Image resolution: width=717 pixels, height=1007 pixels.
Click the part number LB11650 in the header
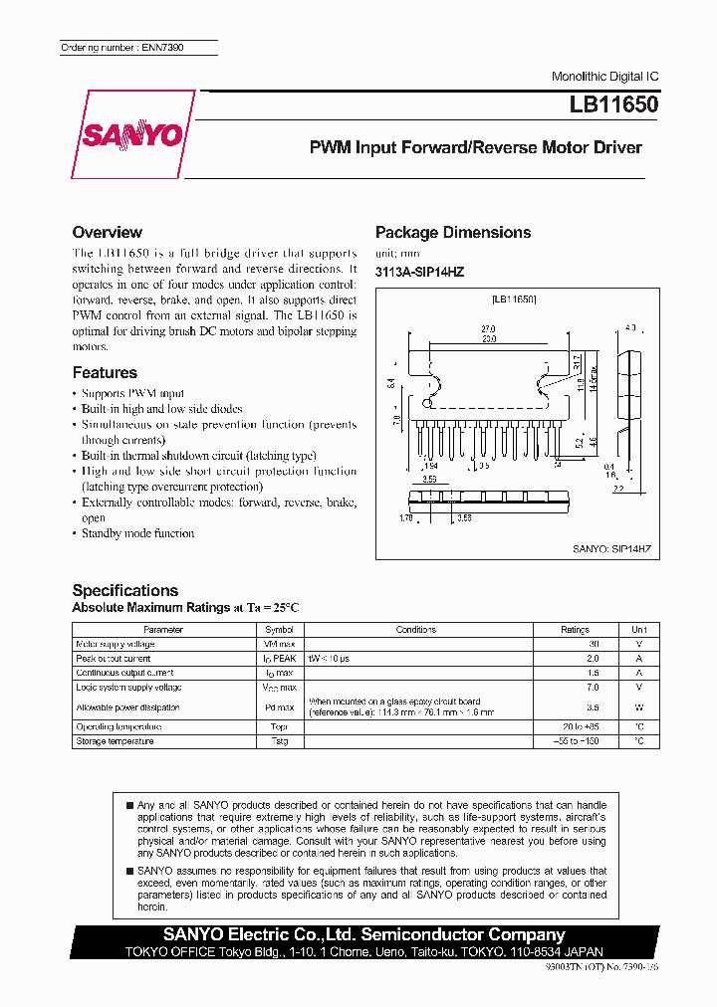pos(613,104)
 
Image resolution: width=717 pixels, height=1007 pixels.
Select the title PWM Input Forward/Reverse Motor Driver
pos(475,147)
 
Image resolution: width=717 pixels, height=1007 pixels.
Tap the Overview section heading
pos(107,232)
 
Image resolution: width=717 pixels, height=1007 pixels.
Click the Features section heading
pos(105,372)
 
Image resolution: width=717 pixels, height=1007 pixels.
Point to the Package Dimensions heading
pos(452,232)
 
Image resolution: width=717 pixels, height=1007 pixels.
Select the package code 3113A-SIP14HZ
pos(419,272)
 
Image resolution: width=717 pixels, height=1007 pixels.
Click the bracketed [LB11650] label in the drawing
pos(514,300)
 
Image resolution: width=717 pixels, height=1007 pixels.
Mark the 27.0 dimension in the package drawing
pos(488,327)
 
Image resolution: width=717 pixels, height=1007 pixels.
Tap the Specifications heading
pos(124,590)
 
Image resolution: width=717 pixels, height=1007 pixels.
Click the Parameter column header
pos(163,630)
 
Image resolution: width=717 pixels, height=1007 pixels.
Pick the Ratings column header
pos(575,630)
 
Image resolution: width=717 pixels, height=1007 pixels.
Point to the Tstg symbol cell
pos(279,741)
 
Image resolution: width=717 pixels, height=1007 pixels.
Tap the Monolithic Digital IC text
pos(604,77)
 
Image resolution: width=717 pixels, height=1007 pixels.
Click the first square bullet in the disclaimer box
pos(128,804)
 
